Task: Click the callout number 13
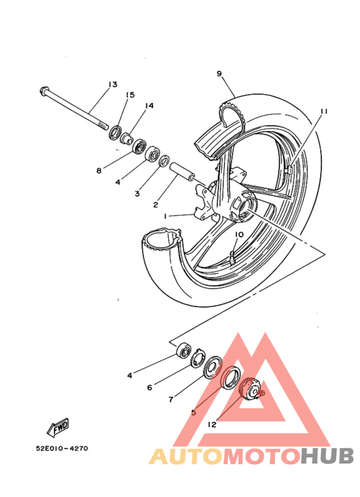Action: point(113,84)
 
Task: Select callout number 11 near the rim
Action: point(323,111)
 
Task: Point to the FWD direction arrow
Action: point(58,427)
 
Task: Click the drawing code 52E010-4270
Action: point(63,449)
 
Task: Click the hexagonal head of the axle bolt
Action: point(44,91)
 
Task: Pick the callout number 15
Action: point(130,95)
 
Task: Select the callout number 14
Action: point(149,105)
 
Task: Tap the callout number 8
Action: point(99,170)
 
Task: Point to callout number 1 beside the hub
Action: point(165,216)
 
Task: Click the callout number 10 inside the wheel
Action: point(239,235)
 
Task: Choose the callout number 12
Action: point(212,424)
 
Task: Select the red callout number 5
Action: point(194,412)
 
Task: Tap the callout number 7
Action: point(171,399)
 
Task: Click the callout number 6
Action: point(150,387)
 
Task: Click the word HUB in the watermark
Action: point(327,456)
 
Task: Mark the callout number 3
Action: point(137,194)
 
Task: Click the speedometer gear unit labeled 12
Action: point(250,388)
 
